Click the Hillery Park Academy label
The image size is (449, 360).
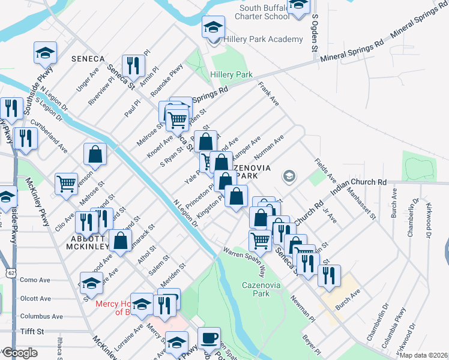click(264, 40)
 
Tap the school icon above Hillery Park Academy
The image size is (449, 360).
click(212, 28)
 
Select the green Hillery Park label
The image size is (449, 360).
click(232, 74)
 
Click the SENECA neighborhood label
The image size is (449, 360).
click(88, 59)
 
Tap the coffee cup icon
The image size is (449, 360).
click(209, 338)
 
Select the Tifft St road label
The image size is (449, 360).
click(32, 331)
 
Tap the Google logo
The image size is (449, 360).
click(20, 352)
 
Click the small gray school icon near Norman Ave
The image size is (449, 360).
click(289, 176)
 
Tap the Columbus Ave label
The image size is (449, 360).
click(41, 316)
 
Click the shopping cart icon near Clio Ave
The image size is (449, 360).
click(66, 183)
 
